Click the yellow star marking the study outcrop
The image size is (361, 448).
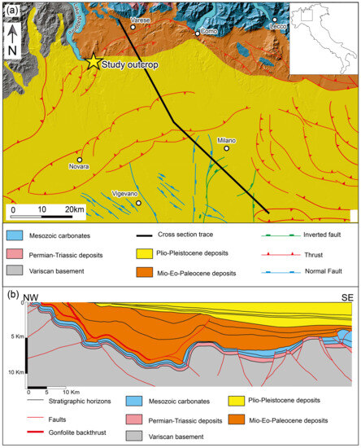coord(94,62)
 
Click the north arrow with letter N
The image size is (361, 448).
coord(15,40)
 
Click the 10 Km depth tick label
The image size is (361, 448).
coord(13,372)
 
